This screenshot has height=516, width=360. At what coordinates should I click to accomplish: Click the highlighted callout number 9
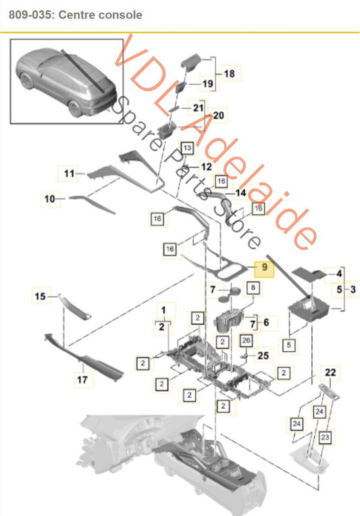[x=264, y=268]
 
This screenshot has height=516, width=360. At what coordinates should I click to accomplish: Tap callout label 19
[x=208, y=84]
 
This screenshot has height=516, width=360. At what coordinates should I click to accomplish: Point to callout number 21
[x=198, y=107]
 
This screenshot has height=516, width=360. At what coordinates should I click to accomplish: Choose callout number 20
[x=218, y=116]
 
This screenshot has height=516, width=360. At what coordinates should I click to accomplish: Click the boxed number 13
[x=186, y=147]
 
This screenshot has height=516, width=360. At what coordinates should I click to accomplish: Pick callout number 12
[x=206, y=165]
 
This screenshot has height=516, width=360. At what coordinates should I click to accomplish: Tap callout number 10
[x=49, y=199]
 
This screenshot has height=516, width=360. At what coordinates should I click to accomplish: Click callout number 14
[x=240, y=192]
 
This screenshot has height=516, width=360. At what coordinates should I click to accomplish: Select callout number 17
[x=81, y=380]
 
